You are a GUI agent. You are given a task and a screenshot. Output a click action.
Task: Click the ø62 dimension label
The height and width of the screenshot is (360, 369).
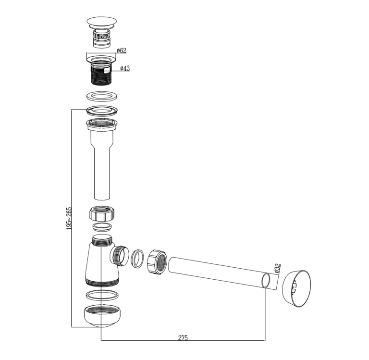(x=122, y=50)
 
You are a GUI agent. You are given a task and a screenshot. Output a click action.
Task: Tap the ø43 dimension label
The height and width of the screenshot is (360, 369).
(x=125, y=68)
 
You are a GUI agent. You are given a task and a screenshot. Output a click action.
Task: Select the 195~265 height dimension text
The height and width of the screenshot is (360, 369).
(x=69, y=218)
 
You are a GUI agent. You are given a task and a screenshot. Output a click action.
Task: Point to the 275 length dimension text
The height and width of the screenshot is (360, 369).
(x=183, y=337)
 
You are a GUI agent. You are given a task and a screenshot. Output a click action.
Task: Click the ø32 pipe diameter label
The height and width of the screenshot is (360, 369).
(x=278, y=269)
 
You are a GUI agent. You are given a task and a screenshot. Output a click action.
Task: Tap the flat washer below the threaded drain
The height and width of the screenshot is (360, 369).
(x=102, y=96)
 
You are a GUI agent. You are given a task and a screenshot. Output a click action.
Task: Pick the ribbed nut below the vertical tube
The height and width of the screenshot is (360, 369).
(x=102, y=213)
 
